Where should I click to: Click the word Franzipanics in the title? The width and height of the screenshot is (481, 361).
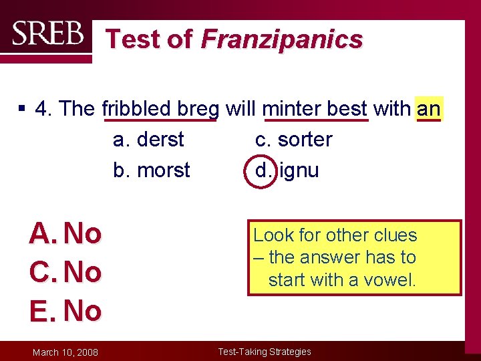pyautogui.click(x=281, y=39)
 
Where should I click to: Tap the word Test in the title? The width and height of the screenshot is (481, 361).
pyautogui.click(x=135, y=39)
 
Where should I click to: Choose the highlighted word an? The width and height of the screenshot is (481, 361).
pyautogui.click(x=428, y=108)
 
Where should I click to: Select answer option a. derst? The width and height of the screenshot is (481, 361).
pyautogui.click(x=148, y=140)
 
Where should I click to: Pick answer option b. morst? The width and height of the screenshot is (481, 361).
pyautogui.click(x=152, y=170)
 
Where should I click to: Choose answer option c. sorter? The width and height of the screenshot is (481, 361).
pyautogui.click(x=293, y=140)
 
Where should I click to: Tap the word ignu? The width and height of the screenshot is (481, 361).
pyautogui.click(x=299, y=171)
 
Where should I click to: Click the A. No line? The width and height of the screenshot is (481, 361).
pyautogui.click(x=65, y=234)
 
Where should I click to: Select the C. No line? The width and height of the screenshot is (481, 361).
pyautogui.click(x=65, y=272)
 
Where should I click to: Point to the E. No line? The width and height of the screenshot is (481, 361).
pyautogui.click(x=65, y=311)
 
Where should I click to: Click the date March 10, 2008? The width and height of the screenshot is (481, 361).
pyautogui.click(x=66, y=352)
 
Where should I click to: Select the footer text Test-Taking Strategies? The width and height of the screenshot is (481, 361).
pyautogui.click(x=265, y=352)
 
